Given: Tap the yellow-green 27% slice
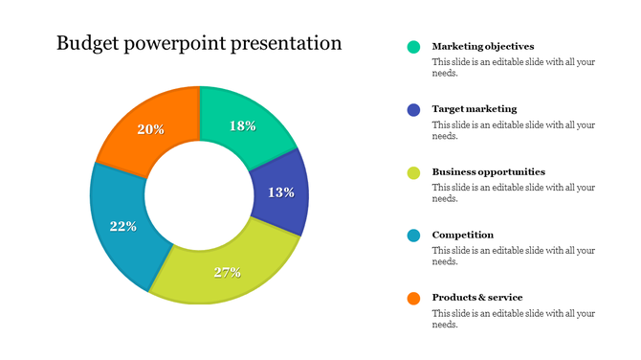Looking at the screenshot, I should point(227,271).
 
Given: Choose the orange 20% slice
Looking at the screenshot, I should point(151,129).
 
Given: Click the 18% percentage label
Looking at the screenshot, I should point(243,126).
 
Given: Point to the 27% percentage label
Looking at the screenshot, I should point(227,272).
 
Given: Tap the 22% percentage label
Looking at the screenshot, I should point(123,227).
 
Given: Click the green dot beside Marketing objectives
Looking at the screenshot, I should point(413,46).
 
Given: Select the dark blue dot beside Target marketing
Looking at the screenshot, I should point(413,109).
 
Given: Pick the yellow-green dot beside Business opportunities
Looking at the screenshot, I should point(413,172).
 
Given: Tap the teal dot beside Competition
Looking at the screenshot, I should point(413,236).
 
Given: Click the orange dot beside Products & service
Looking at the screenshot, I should point(413,298).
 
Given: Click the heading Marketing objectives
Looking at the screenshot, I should point(483,46).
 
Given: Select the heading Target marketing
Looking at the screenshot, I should point(475,109).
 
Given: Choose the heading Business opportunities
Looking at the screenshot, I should point(489,172).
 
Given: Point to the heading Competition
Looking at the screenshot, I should point(463,235).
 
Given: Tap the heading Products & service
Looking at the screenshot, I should point(477,297).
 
